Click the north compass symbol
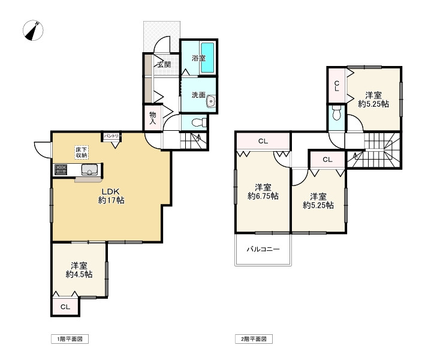point(33,30)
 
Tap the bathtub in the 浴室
point(207,58)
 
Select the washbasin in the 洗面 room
point(211,101)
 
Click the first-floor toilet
point(199,123)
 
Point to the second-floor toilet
point(336,113)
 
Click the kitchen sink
point(90,170)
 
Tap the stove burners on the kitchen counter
point(61,169)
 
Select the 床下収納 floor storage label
point(82,152)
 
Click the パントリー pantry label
point(111,136)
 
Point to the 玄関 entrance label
point(164,64)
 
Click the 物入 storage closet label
point(153,118)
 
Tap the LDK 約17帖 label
point(111,196)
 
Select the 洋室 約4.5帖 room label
point(79,270)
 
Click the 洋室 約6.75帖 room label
point(263,191)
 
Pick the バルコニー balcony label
point(263,249)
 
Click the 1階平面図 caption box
point(70,339)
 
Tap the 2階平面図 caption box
point(254,339)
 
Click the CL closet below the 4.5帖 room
point(65,307)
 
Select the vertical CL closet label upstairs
point(336,86)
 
